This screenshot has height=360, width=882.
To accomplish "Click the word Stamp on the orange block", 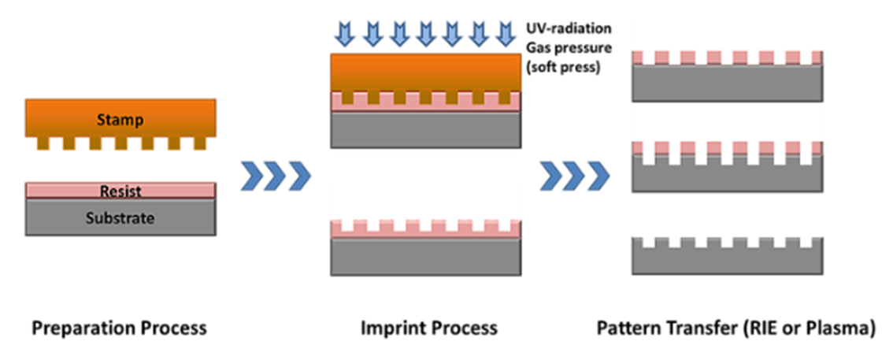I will click(x=120, y=120).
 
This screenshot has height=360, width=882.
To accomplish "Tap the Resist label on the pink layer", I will click(x=120, y=191).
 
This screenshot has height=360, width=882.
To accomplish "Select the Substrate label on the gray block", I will click(x=120, y=217).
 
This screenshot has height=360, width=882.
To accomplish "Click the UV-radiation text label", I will click(x=569, y=28).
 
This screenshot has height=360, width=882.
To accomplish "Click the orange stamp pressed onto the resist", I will click(x=426, y=72).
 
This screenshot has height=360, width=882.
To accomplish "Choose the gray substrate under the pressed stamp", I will click(x=426, y=130).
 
